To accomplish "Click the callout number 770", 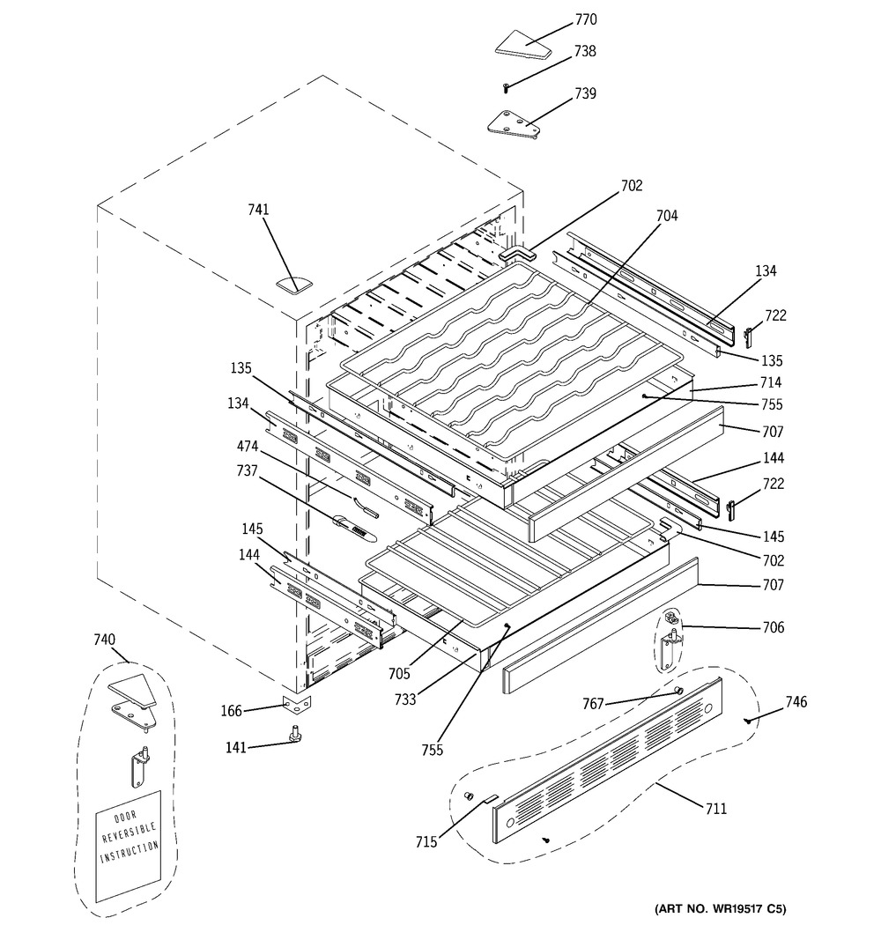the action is pos(586,19).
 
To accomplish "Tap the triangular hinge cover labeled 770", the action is pos(523,45).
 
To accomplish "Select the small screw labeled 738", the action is pos(506,88).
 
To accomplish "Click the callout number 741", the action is pos(258,210).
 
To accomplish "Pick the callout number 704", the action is pos(666,216).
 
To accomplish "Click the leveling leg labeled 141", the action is pos(295,733).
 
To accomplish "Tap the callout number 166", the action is pos(232,711).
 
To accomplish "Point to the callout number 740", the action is pos(104,640).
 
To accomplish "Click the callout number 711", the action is pos(715,809).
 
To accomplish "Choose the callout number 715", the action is pos(426,842).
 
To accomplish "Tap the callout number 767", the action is pos(593,703).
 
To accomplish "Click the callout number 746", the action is pos(796,701).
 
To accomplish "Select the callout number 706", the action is pos(774,627).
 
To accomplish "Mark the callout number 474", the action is pos(247,446).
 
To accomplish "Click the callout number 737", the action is pos(247,471).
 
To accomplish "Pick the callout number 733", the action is pos(405,699).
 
